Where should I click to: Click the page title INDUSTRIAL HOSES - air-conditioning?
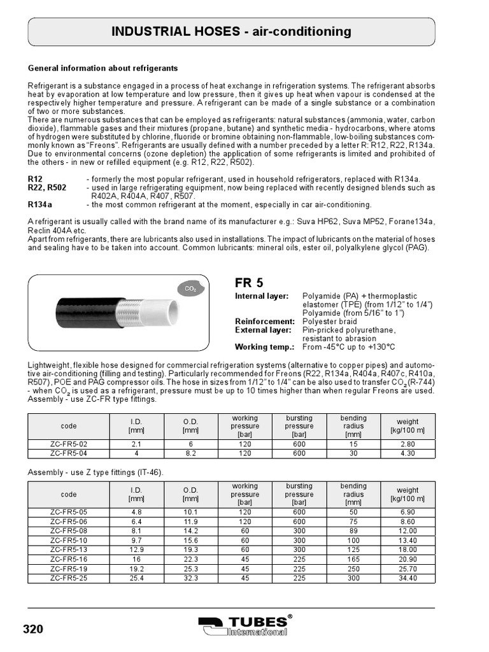point(232,31)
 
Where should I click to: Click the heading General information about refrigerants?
point(103,68)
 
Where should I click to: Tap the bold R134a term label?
point(40,205)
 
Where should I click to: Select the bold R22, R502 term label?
point(47,188)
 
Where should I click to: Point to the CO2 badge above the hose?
point(190,289)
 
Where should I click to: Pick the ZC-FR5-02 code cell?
point(69,444)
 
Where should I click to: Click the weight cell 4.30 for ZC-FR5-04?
point(407,453)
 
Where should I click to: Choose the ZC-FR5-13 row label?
point(69,549)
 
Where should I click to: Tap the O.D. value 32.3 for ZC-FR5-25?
point(191,578)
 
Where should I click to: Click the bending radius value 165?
point(353,559)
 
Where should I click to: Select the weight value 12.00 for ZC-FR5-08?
point(407,530)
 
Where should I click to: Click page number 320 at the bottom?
point(33,630)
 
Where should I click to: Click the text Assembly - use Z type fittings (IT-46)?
point(94,472)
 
